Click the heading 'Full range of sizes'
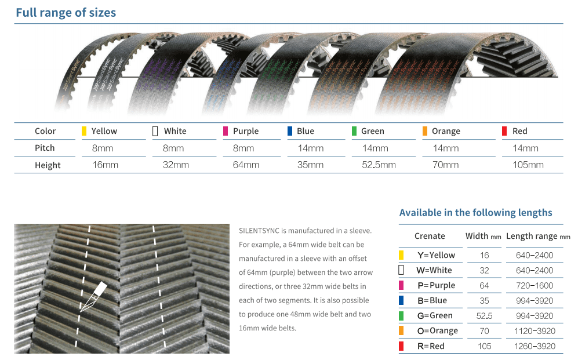click(x=66, y=13)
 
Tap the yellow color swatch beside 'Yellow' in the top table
click(x=84, y=131)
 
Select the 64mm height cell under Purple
click(x=246, y=165)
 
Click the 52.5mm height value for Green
click(x=379, y=165)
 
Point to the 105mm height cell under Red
click(x=528, y=165)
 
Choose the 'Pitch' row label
click(x=45, y=148)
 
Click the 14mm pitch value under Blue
click(x=310, y=148)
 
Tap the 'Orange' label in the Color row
click(x=446, y=131)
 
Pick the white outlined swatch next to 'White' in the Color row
click(x=155, y=131)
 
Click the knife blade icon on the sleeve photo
click(x=93, y=297)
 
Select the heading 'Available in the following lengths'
click(x=475, y=213)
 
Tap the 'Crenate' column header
click(x=430, y=236)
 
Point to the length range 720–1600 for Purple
click(x=535, y=286)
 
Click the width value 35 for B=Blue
click(x=484, y=301)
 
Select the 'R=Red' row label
click(x=431, y=346)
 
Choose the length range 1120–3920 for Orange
click(x=535, y=331)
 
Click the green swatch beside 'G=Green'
click(x=401, y=316)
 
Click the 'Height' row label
click(x=48, y=165)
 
